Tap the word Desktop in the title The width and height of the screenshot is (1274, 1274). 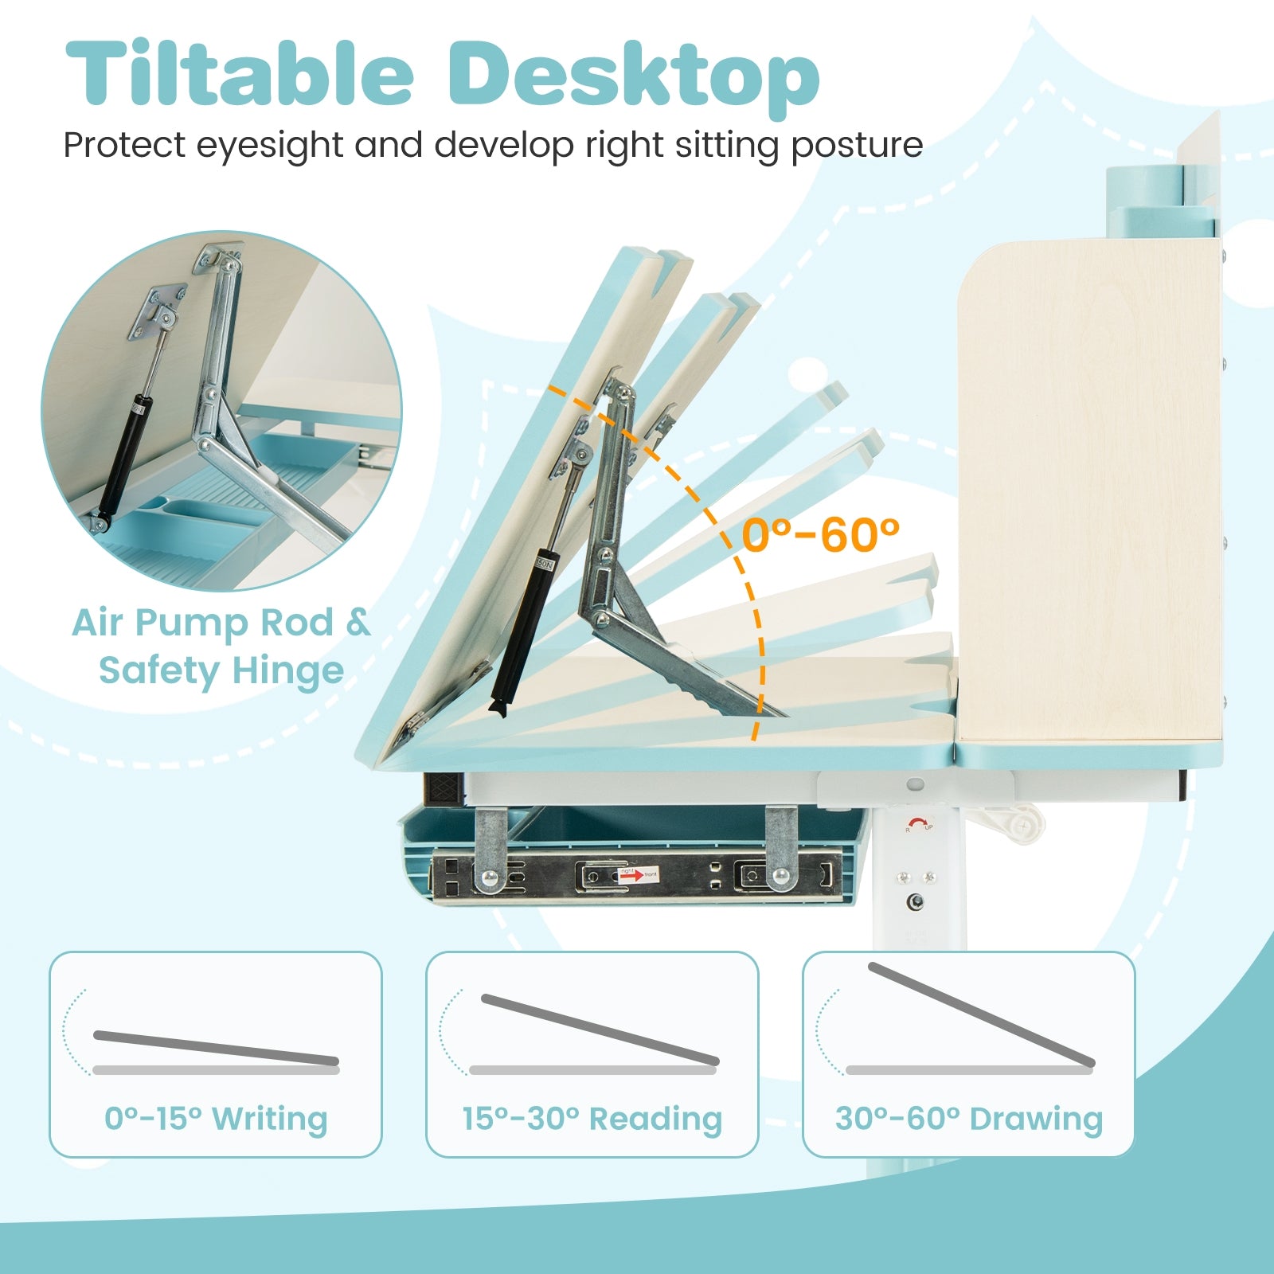tap(634, 76)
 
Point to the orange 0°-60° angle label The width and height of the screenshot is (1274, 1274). tap(820, 534)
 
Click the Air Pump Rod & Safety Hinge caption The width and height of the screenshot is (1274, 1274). tap(221, 646)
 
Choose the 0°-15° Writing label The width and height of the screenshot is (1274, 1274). tap(216, 1118)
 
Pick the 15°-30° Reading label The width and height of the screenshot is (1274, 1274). tap(592, 1118)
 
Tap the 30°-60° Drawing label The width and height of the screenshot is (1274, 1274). tap(969, 1118)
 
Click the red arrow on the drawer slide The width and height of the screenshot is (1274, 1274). tap(631, 876)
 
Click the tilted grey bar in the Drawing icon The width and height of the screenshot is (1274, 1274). tap(982, 1014)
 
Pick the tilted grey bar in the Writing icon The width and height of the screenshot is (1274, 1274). tap(216, 1048)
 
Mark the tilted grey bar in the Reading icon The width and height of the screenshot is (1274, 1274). tap(600, 1029)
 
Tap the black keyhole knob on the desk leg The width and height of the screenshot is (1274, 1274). tap(918, 902)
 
